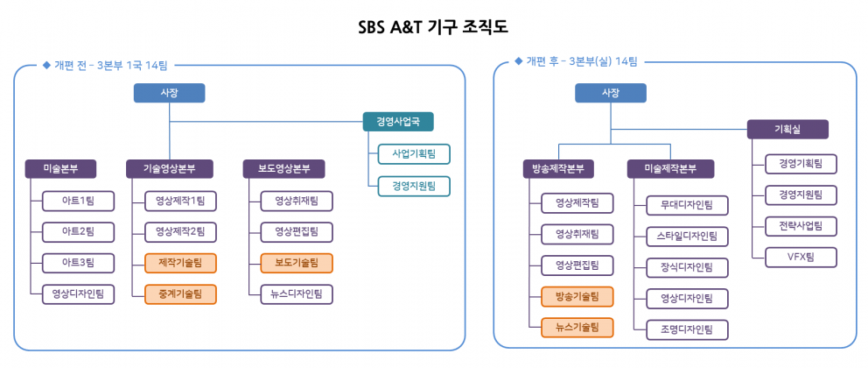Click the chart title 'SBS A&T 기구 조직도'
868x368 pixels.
[433, 26]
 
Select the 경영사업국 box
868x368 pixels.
[398, 122]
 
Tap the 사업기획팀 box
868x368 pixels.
[414, 153]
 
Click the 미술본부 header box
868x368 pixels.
[61, 169]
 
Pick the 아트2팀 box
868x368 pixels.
[78, 232]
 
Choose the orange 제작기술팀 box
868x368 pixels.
[180, 263]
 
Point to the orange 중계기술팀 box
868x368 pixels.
[180, 294]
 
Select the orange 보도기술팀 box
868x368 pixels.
[297, 263]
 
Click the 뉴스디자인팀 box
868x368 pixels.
[297, 294]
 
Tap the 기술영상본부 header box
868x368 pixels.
[170, 169]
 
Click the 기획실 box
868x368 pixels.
[787, 129]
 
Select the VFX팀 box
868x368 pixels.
[801, 257]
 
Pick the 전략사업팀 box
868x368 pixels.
[801, 226]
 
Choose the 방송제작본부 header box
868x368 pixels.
[558, 169]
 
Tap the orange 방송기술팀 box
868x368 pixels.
[577, 296]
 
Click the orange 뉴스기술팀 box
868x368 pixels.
[577, 328]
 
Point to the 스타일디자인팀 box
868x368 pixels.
[688, 237]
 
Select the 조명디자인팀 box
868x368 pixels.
[688, 329]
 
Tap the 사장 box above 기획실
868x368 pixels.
[611, 93]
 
